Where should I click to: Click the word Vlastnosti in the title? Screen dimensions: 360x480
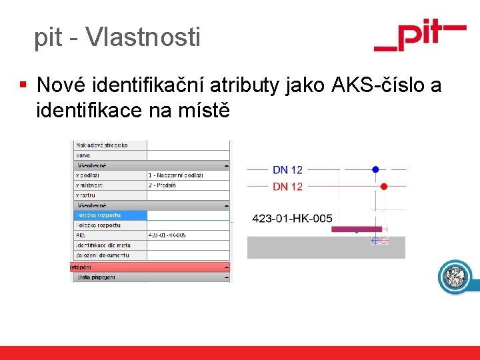coord(143,37)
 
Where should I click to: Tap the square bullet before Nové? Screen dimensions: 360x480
coord(23,85)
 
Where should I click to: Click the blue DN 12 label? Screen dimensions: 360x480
coord(287,170)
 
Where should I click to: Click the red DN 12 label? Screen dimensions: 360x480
coord(287,187)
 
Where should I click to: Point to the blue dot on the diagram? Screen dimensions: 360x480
coord(375,169)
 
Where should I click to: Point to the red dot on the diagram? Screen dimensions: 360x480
coord(383,187)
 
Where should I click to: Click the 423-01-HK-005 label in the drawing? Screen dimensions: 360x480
coord(293,218)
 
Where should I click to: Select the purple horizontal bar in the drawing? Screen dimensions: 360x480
coord(360,229)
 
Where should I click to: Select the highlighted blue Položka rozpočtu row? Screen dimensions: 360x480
coord(110,215)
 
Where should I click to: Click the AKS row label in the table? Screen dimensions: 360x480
coord(81,235)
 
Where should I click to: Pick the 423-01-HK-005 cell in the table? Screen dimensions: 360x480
coord(167,235)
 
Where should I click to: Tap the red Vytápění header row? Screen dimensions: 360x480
coord(150,267)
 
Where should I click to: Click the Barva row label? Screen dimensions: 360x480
coord(83,155)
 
